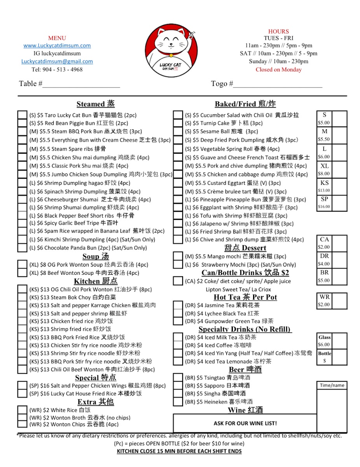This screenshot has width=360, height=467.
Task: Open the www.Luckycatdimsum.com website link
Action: click(x=57, y=46)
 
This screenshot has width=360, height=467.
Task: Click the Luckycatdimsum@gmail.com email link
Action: click(x=57, y=61)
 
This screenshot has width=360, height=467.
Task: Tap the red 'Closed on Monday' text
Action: click(x=278, y=70)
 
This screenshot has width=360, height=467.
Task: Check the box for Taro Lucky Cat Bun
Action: click(x=22, y=115)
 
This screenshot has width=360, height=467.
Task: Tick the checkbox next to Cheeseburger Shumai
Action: click(x=22, y=200)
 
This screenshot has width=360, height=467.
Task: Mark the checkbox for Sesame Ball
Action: click(x=178, y=132)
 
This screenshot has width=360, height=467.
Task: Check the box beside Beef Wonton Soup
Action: click(x=22, y=273)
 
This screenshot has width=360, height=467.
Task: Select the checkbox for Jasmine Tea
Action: click(x=178, y=305)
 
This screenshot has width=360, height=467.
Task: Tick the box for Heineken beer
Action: click(x=178, y=402)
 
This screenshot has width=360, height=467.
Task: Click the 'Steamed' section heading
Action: click(x=95, y=104)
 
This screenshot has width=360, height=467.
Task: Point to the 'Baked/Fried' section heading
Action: click(x=245, y=104)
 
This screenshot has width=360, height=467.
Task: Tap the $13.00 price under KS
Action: click(x=324, y=191)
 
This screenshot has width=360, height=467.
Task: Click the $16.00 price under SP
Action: click(x=324, y=207)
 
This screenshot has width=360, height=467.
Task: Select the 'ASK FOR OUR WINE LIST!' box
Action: click(x=245, y=423)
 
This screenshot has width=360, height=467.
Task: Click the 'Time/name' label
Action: click(x=332, y=385)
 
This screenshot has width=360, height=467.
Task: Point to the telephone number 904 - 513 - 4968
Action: click(x=57, y=70)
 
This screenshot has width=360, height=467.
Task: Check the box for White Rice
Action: click(x=22, y=410)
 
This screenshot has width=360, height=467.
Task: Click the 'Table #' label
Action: click(x=31, y=84)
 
